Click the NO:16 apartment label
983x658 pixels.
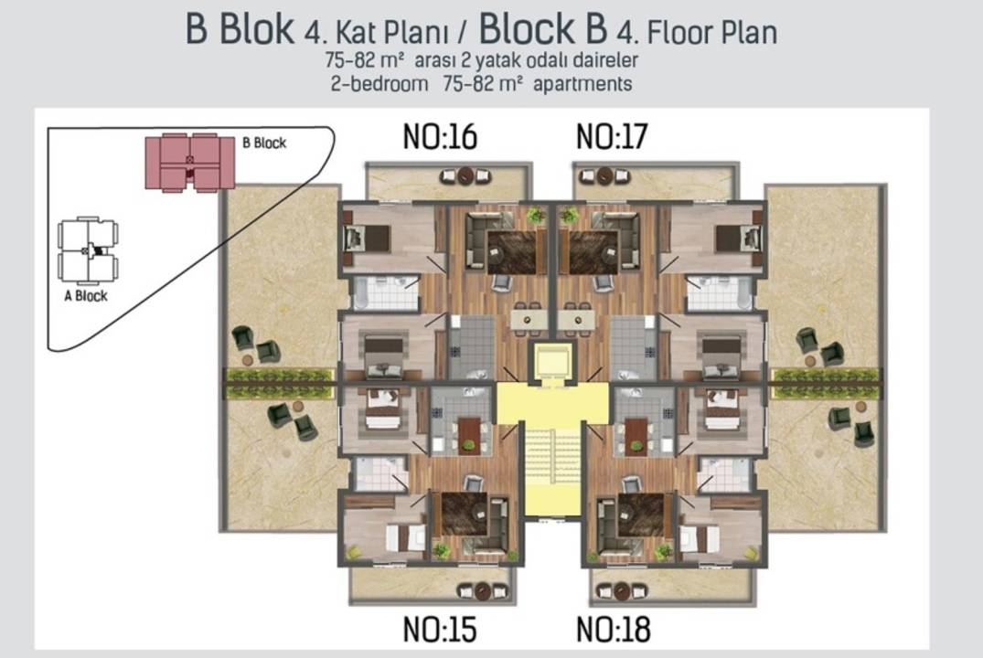[440, 136]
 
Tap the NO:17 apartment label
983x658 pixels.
[612, 136]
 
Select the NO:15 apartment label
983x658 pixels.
[440, 629]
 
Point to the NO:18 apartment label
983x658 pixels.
[614, 629]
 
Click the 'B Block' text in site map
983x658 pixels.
[264, 143]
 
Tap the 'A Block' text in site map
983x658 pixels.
[86, 296]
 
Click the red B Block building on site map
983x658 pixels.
[190, 162]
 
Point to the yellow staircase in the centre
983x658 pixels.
[552, 470]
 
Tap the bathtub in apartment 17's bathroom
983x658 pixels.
[743, 293]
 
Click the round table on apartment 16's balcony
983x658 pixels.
[465, 175]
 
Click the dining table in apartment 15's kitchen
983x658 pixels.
[468, 435]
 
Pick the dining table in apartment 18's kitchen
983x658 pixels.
[636, 435]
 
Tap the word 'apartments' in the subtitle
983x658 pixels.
[582, 84]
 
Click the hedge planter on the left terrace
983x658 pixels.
[279, 383]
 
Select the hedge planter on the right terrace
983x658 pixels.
[827, 383]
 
